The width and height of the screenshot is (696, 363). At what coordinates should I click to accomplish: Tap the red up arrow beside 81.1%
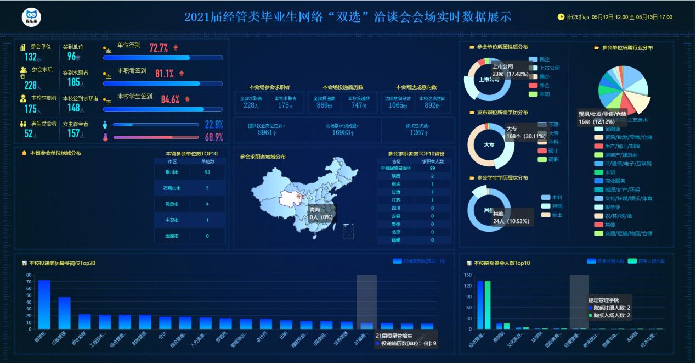tap(182, 73)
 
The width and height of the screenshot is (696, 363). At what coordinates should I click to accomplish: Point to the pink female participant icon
tap(105, 137)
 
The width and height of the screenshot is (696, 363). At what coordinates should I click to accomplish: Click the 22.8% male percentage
tap(213, 125)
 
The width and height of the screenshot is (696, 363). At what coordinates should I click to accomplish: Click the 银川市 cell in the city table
tap(172, 172)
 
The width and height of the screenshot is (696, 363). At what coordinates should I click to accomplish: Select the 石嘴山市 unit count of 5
tap(207, 188)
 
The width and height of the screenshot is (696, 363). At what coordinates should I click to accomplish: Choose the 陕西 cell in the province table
tap(396, 176)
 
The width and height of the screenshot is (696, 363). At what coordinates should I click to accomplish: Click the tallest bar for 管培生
tap(44, 304)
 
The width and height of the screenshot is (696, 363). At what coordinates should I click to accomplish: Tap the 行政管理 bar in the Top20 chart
tap(65, 313)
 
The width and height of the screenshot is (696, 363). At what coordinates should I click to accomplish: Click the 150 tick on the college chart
tap(467, 275)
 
